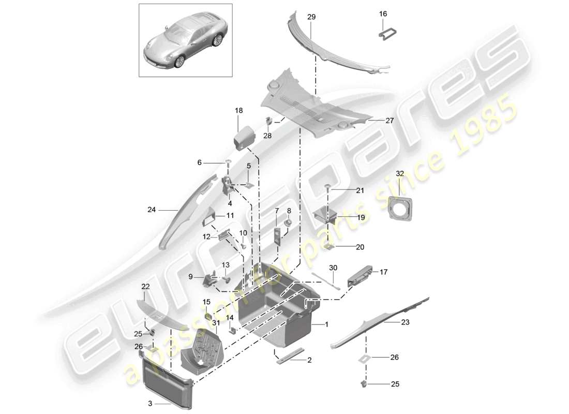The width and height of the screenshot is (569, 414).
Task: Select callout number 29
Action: coord(311,17)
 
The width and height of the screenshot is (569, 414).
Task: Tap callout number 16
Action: coord(383,14)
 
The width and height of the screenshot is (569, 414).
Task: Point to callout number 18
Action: coord(238,110)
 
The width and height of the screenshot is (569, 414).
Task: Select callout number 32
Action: coord(399,173)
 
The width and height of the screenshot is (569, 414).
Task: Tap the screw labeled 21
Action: coord(327,187)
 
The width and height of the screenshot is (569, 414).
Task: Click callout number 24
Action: coord(151,210)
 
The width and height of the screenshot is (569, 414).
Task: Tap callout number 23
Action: coord(406,322)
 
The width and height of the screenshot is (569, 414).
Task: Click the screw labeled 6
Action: coord(228,164)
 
